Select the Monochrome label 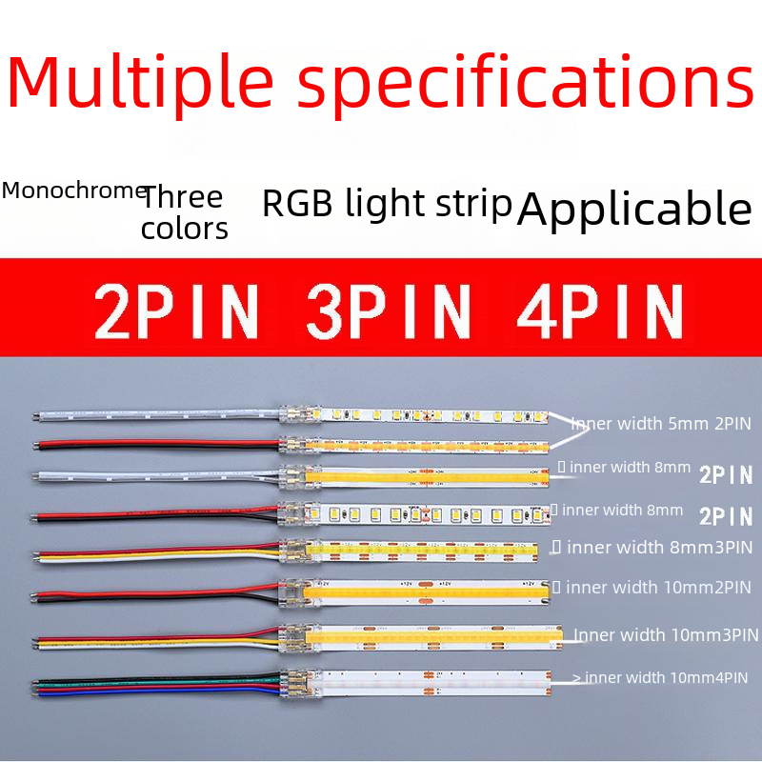pyautogui.click(x=73, y=190)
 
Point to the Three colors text pyautogui.click(x=184, y=212)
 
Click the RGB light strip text pyautogui.click(x=387, y=204)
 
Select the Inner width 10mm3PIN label pyautogui.click(x=666, y=634)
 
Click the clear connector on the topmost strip pyautogui.click(x=300, y=417)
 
